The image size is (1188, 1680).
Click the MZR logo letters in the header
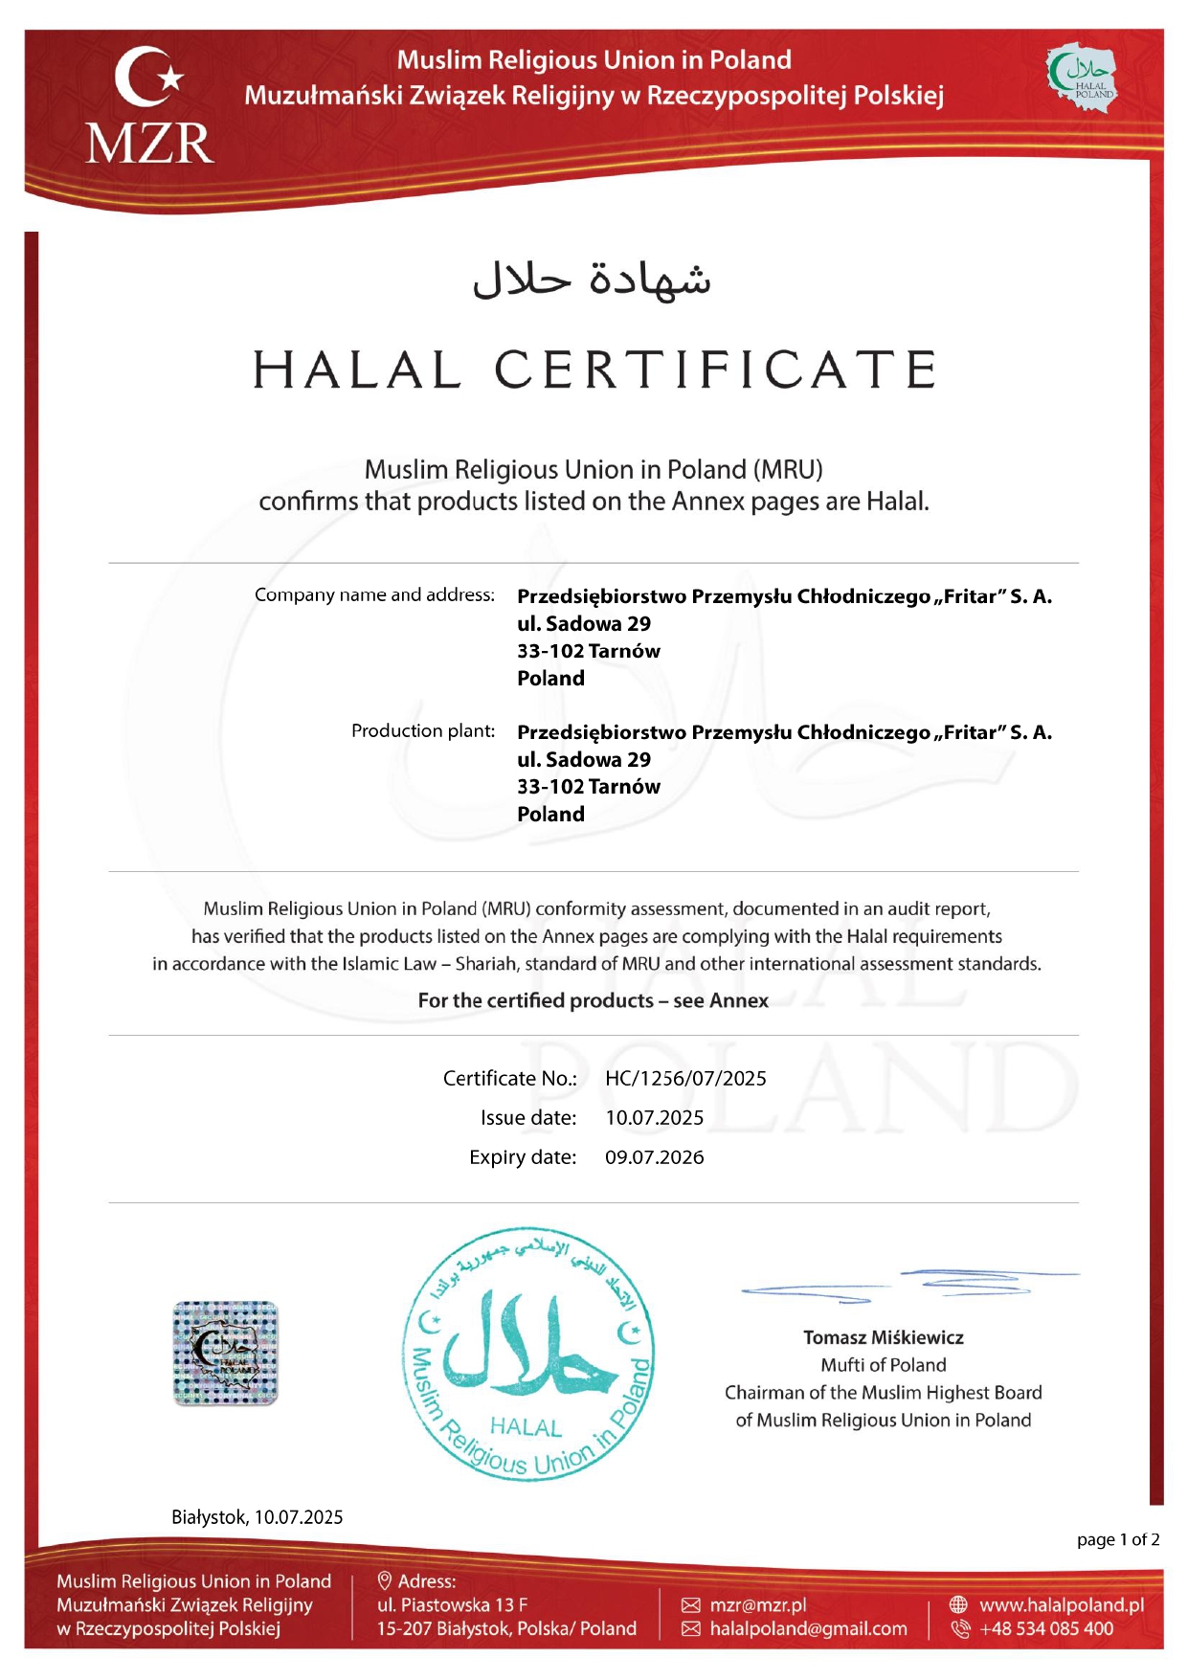149,144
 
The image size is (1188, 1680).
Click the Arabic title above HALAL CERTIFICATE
593,279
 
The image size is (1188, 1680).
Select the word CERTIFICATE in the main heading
715,370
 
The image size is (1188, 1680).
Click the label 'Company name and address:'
374,594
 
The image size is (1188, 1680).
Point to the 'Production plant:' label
423,730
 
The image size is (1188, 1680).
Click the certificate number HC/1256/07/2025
685,1078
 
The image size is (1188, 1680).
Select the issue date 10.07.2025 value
654,1117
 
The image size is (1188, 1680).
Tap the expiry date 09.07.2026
654,1156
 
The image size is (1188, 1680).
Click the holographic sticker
225,1353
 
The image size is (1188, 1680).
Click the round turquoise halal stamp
528,1355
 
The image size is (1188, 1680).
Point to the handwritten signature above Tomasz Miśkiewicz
909,1284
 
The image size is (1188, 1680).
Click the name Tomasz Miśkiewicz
883,1337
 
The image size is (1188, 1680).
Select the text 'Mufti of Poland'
883,1365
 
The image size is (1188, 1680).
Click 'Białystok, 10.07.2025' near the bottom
257,1516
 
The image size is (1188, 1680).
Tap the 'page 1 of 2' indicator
1117,1539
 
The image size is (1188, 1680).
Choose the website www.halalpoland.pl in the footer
1061,1604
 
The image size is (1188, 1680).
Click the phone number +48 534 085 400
1046,1628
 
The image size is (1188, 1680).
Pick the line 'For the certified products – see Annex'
593,1000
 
